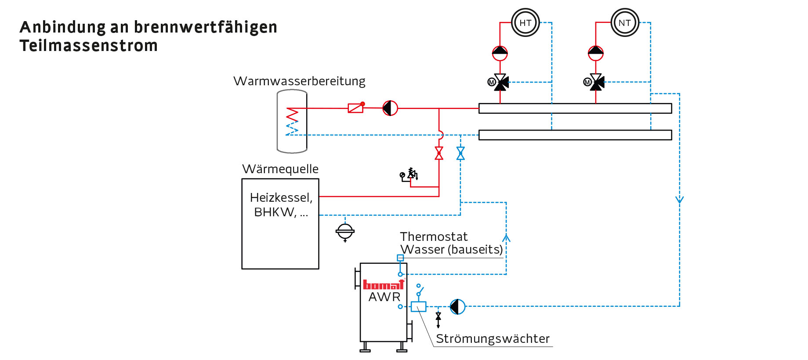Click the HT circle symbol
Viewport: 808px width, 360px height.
[x=525, y=23]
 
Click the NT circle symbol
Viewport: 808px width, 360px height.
[x=624, y=23]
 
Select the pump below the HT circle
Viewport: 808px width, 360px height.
[x=500, y=53]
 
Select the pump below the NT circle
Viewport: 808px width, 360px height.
[x=596, y=53]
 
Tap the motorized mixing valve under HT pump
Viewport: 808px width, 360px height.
[x=500, y=82]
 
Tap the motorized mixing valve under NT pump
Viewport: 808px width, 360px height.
[x=596, y=82]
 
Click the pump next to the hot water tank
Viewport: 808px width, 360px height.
[x=390, y=108]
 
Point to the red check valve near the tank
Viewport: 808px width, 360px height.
[x=356, y=108]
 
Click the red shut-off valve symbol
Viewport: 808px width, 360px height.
[x=439, y=153]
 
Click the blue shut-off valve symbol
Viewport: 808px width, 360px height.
[x=460, y=153]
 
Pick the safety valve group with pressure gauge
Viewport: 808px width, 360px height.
[x=409, y=175]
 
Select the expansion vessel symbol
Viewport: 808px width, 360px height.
[x=345, y=231]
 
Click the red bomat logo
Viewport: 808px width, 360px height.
[x=383, y=285]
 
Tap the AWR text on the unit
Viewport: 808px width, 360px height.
[x=384, y=297]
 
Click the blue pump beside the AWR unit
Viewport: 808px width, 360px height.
[x=457, y=306]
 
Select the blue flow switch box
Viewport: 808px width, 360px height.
[x=418, y=306]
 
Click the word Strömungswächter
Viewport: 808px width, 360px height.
[x=493, y=338]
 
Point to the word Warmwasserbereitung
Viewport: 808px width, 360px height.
[x=299, y=81]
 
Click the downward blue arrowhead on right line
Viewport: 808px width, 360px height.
[x=679, y=200]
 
